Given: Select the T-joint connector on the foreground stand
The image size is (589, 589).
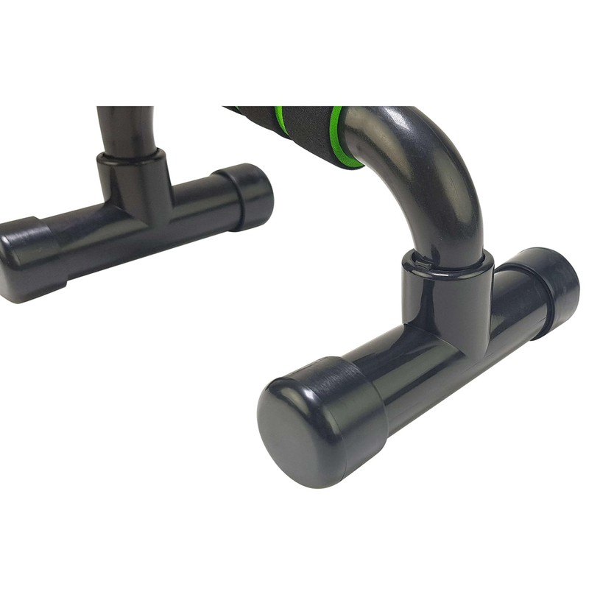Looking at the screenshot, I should pyautogui.click(x=445, y=302).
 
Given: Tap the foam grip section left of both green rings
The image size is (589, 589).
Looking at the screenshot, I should pyautogui.click(x=250, y=114).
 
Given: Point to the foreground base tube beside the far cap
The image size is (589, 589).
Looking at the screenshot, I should pyautogui.click(x=515, y=302).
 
